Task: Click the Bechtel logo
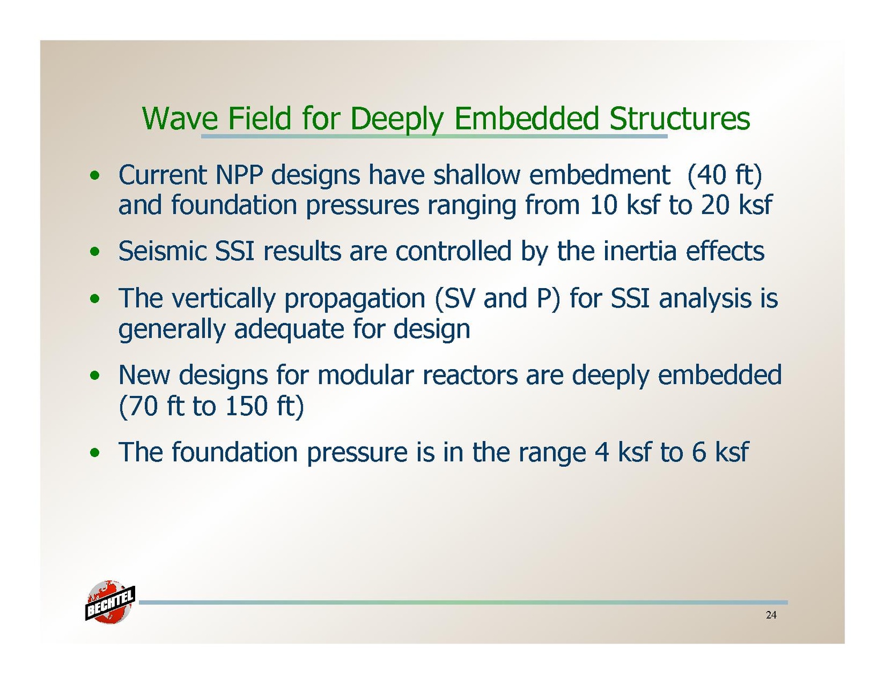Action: tap(109, 602)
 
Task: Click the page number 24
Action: tap(771, 615)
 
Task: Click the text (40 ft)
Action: tap(724, 176)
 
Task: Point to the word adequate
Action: tap(289, 330)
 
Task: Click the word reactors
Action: tap(469, 375)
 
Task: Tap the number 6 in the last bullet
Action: tap(699, 452)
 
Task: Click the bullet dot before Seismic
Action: tap(95, 252)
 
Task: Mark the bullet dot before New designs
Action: tap(95, 375)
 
